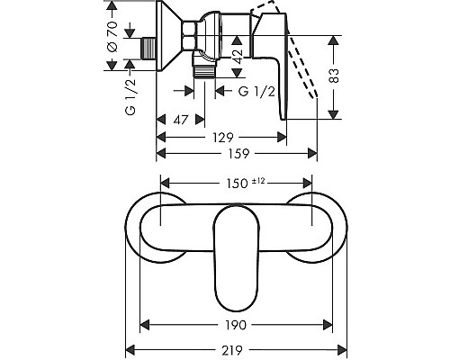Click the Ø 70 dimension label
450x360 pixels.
[x=112, y=36]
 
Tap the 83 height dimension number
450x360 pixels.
[x=333, y=76]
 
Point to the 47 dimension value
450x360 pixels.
[x=180, y=120]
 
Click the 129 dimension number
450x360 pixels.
[x=222, y=138]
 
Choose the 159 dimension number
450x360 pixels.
[x=238, y=154]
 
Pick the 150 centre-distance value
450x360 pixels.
[x=237, y=184]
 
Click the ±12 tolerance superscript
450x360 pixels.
[x=258, y=181]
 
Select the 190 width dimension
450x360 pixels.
[x=235, y=325]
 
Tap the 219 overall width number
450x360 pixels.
[x=232, y=350]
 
